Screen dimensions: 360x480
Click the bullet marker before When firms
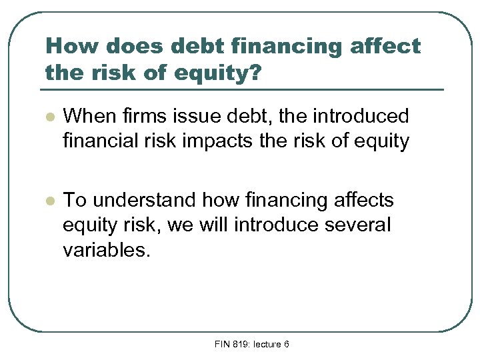pyautogui.click(x=47, y=117)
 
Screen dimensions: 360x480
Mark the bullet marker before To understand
pyautogui.click(x=47, y=201)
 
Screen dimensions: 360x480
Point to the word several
pyautogui.click(x=358, y=225)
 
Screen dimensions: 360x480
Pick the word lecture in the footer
pyautogui.click(x=270, y=344)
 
